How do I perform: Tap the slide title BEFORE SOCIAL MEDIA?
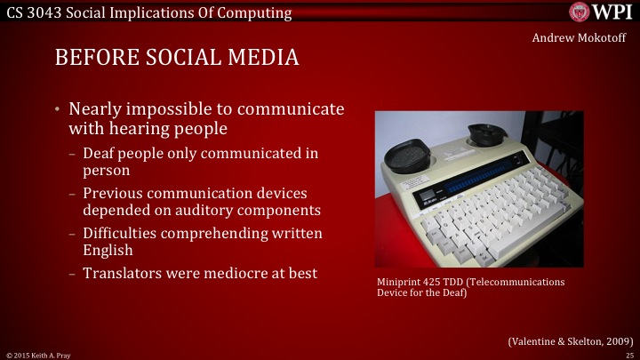coord(176,58)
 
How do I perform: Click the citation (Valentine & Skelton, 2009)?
coord(570,340)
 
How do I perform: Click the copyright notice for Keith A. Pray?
coord(37,355)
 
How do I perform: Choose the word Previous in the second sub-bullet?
coord(115,193)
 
